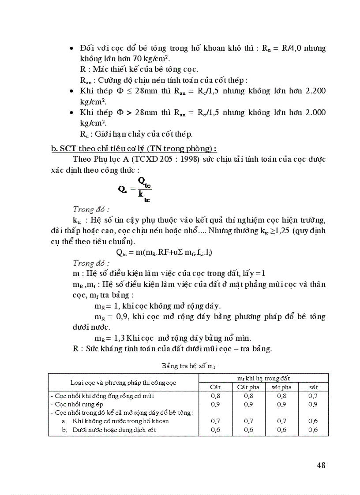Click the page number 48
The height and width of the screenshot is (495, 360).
(321, 465)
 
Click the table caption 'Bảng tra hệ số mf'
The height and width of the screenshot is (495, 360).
(188, 366)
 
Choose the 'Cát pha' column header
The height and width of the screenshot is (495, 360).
(248, 387)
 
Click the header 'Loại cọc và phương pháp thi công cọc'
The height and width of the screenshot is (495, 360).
(123, 382)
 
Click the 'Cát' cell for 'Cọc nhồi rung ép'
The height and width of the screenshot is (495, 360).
(215, 404)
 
